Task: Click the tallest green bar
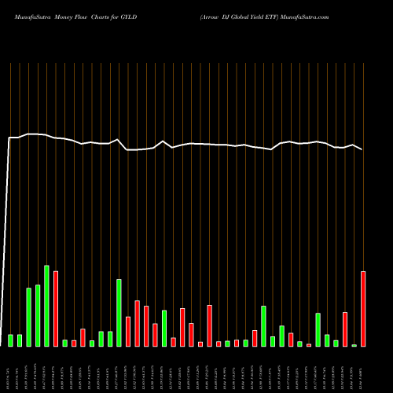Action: pyautogui.click(x=46, y=306)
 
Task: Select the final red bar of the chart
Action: pyautogui.click(x=363, y=309)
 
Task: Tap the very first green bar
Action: pyautogui.click(x=11, y=340)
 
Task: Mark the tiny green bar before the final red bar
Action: pyautogui.click(x=354, y=345)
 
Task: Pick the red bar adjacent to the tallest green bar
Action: pyautogui.click(x=56, y=309)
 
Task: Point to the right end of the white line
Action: pyautogui.click(x=362, y=149)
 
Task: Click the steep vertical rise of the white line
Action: pyautogui.click(x=8, y=236)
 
